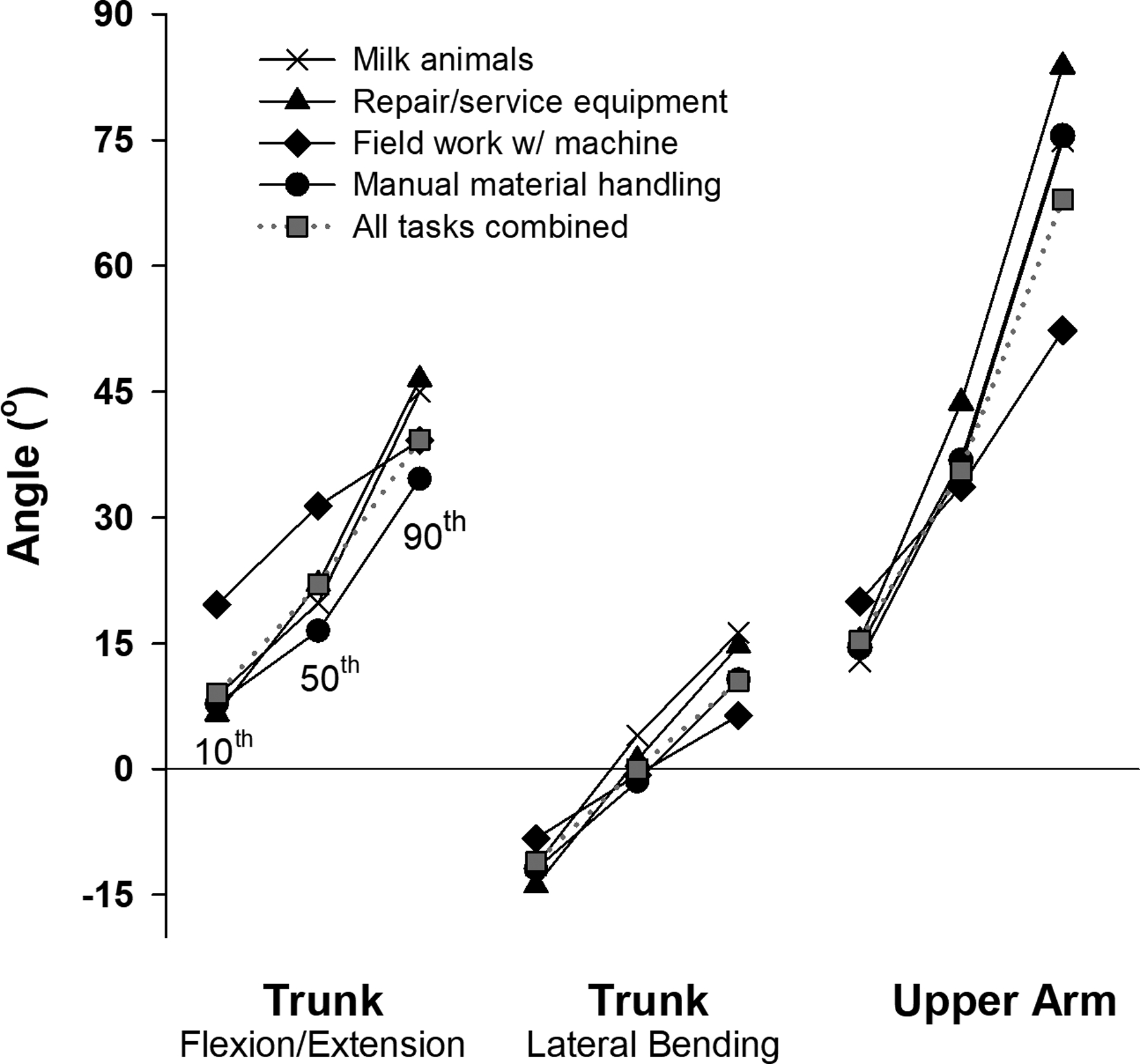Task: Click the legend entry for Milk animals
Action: tap(443, 60)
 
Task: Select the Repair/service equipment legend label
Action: tap(540, 101)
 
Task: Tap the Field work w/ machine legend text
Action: tap(515, 143)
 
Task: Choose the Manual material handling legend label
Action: tap(536, 184)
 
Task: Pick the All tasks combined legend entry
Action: tap(490, 226)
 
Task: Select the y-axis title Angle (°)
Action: tap(25, 476)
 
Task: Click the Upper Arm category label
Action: tap(1004, 1001)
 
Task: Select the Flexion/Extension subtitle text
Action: tap(322, 1044)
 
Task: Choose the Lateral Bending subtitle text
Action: tap(652, 1044)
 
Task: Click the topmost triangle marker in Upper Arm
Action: tap(1062, 65)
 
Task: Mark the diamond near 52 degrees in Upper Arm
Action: tap(1062, 331)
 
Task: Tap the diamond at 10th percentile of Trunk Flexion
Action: tap(216, 604)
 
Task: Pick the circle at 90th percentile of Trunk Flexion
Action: tap(419, 479)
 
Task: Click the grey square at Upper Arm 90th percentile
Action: tap(1062, 200)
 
